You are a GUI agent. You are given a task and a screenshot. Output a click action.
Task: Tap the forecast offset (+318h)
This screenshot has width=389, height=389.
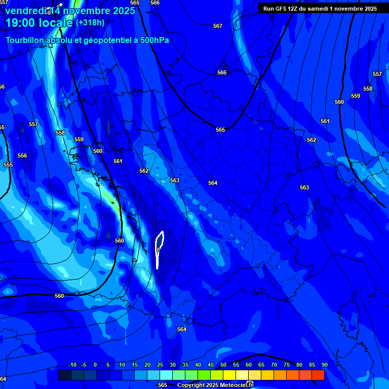point(90,22)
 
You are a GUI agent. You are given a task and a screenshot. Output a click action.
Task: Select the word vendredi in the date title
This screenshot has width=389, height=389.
point(26,11)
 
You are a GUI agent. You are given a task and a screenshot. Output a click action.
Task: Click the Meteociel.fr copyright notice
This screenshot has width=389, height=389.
point(215,385)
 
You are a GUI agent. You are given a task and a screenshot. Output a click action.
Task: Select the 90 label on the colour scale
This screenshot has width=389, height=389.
point(324,365)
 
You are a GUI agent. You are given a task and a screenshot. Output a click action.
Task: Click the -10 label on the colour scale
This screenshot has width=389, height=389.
point(72,365)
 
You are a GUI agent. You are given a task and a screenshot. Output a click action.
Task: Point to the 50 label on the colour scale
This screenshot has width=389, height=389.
point(223,365)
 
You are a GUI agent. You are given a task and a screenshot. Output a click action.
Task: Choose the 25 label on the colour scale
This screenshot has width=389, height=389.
point(160,365)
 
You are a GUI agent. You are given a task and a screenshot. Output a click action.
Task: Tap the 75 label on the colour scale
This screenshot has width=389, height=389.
point(287,365)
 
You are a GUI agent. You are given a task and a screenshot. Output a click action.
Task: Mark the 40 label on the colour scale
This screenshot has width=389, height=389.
point(198,365)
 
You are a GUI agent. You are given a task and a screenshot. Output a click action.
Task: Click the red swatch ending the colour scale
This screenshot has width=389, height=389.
point(318,375)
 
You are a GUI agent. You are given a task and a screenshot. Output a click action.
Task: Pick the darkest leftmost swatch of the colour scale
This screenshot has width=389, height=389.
point(65,375)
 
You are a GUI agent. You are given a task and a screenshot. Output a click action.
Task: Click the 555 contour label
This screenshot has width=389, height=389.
point(8,165)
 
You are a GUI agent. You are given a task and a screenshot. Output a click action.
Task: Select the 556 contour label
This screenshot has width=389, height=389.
point(22,155)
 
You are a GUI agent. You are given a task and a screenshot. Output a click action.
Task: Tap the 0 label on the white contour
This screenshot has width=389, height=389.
point(159,250)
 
